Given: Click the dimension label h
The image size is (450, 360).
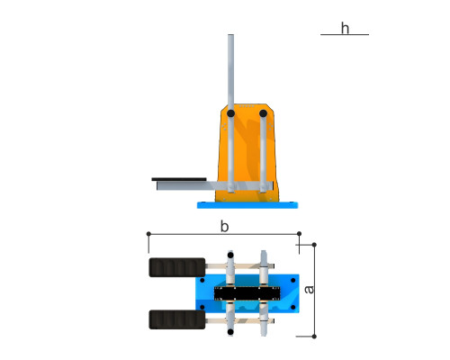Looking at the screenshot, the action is coord(345,28).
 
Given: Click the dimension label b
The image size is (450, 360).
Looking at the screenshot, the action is coord(224,227).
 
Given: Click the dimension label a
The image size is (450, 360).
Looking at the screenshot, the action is coord(309,290).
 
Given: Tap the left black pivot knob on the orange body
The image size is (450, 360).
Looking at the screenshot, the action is coord(230,113).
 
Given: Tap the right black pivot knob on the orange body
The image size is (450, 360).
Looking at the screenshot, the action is coord(263,113).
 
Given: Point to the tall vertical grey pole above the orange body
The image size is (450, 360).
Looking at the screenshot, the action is coord(230,72).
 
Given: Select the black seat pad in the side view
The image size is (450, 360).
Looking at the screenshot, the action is coord(179,179).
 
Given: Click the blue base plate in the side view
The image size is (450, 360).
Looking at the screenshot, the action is coord(247,205).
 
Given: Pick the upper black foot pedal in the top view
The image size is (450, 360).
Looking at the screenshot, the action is coord(177,267).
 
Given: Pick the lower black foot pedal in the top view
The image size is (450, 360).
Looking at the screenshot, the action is coord(177,319).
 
